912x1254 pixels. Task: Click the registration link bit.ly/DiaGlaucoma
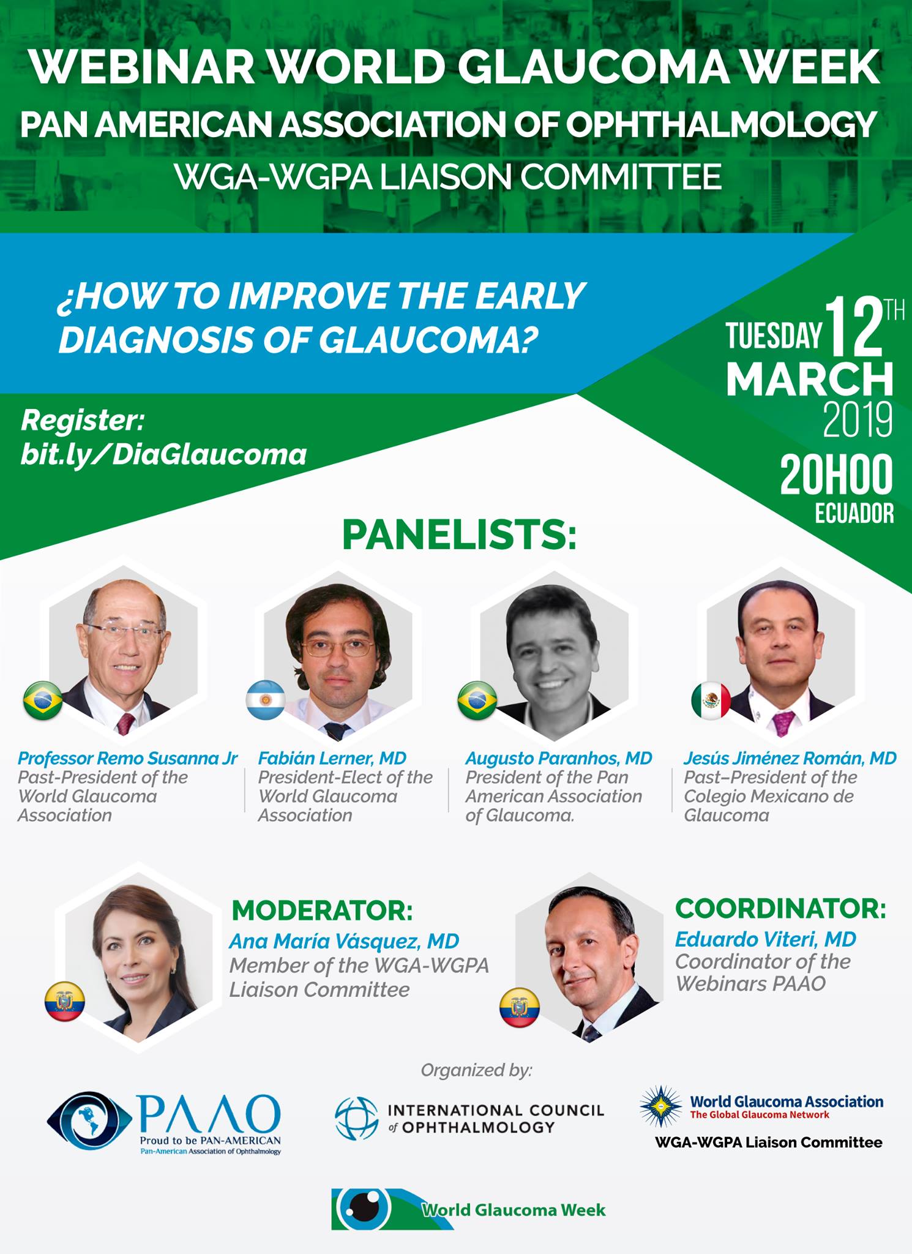coord(163,455)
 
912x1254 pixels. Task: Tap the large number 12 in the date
coord(854,328)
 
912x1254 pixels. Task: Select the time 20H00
coord(836,476)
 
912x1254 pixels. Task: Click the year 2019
coord(858,420)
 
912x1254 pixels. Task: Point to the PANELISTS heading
coord(459,535)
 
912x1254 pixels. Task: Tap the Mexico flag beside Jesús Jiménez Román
coord(711,700)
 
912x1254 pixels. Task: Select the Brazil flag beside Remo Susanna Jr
coord(43,700)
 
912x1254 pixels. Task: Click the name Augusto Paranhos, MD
coord(559,758)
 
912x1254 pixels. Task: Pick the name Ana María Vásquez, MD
coord(344,941)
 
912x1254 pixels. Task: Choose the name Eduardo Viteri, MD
coord(766,939)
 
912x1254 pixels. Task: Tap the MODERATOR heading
coord(323,911)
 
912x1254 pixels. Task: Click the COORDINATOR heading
coord(780,909)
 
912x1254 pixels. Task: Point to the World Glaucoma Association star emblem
coord(661,1107)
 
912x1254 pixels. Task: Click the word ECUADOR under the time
coord(854,513)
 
